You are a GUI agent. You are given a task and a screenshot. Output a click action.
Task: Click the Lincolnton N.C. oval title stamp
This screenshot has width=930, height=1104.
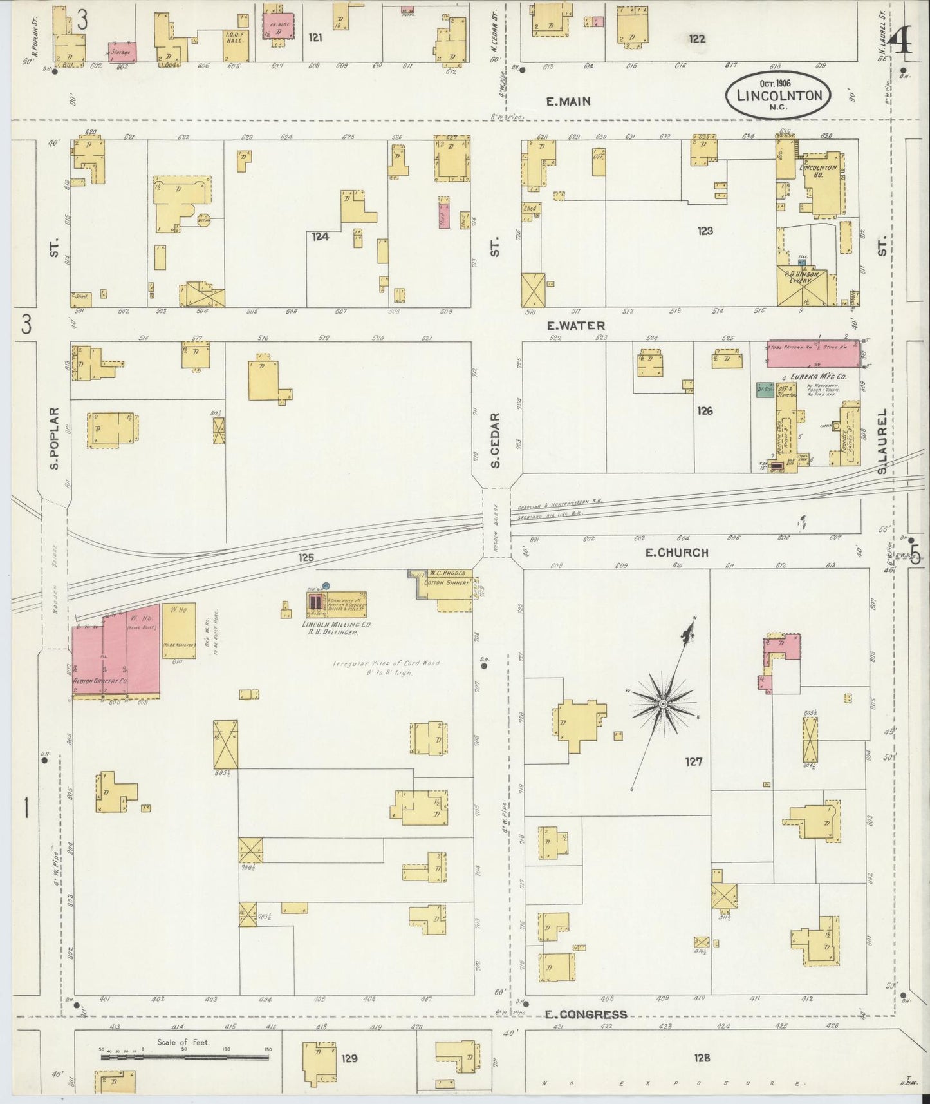click(779, 95)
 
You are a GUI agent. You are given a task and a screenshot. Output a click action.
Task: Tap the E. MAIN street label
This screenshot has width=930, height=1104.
click(568, 101)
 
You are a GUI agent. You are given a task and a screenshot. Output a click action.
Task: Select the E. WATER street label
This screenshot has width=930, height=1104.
click(576, 326)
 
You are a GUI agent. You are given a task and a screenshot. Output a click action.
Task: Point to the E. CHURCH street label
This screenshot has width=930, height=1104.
click(676, 553)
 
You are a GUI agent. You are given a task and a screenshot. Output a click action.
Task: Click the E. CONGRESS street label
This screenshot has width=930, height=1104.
click(585, 1014)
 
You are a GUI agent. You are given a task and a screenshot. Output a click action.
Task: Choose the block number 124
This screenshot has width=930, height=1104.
click(320, 236)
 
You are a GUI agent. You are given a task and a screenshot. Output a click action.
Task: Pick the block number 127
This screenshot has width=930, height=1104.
click(693, 762)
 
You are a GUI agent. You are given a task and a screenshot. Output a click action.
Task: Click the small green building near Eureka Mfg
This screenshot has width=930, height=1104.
click(765, 391)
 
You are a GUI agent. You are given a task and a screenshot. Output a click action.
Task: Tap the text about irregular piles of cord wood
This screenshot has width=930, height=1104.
click(386, 667)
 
